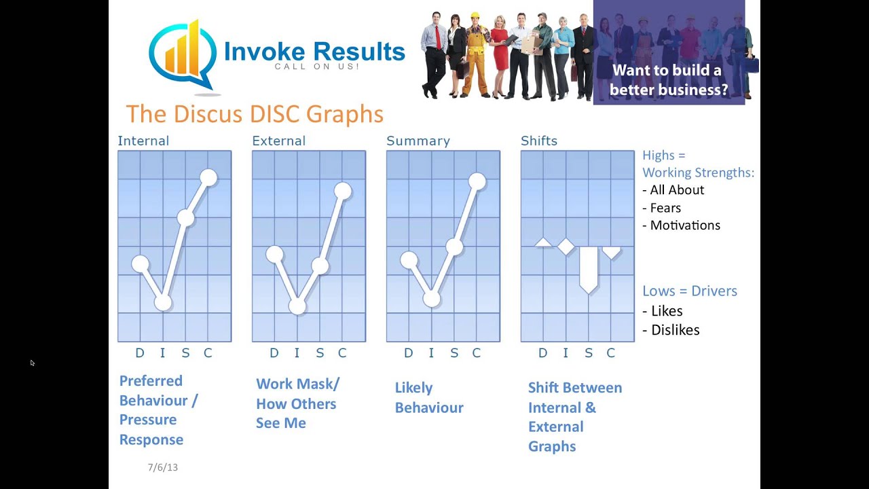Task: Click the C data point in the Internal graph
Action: tap(208, 178)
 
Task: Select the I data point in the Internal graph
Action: tap(163, 303)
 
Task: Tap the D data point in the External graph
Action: tap(274, 254)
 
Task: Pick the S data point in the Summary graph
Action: tap(454, 247)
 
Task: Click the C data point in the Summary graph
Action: tap(477, 181)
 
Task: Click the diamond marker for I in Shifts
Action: tap(566, 247)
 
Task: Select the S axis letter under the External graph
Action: tap(319, 352)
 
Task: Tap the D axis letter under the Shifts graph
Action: tap(542, 352)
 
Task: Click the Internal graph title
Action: tap(143, 141)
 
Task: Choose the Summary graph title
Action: tap(418, 141)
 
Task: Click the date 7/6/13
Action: tap(163, 467)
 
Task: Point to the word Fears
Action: tap(665, 208)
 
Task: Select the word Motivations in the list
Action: tap(684, 225)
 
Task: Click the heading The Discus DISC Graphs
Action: tap(255, 113)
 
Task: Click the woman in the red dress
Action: tap(500, 54)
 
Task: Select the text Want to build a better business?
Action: tap(669, 79)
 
